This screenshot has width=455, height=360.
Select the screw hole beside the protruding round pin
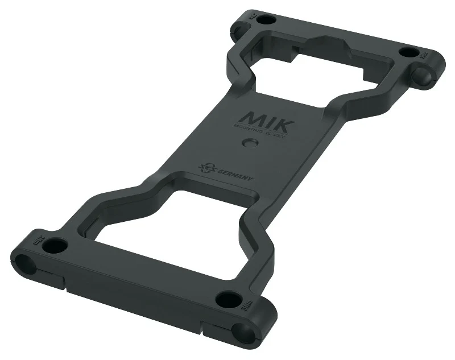408,53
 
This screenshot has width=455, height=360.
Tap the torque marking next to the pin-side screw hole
424,57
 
